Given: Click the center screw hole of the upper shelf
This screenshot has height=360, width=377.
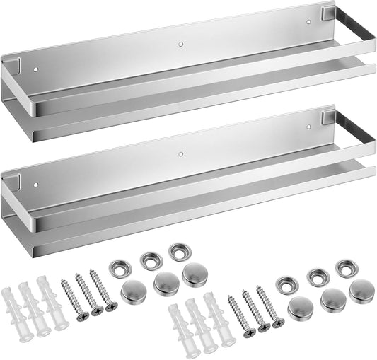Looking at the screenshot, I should point(180,45).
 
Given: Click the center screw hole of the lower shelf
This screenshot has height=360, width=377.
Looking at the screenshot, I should point(181,153).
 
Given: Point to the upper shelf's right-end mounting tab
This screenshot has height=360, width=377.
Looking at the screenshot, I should point(327,12).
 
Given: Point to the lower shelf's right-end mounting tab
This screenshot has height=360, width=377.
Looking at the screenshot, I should point(327,112).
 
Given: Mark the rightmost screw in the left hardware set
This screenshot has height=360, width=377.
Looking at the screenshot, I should point(103,290).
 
